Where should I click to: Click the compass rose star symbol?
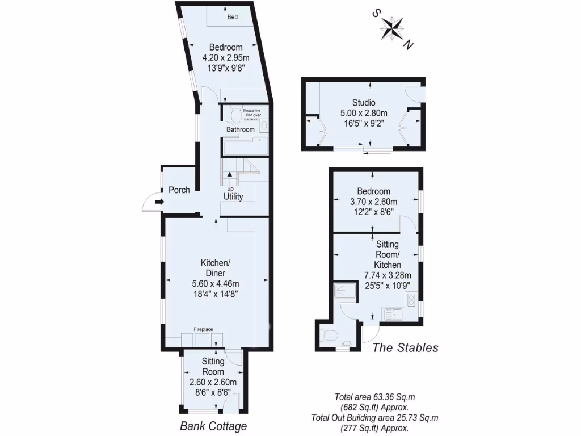(391, 27)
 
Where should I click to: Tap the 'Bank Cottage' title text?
(213, 426)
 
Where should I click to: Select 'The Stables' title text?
(405, 348)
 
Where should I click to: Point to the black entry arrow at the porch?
(159, 201)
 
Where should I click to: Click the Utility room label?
(233, 197)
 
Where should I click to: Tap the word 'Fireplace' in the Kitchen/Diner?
(204, 329)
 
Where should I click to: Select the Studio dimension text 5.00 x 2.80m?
(364, 113)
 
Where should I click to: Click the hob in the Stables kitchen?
(411, 299)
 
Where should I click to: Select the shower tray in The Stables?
(344, 292)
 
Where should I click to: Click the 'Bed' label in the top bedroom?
(233, 17)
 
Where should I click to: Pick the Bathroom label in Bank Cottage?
(241, 129)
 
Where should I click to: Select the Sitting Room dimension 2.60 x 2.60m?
(213, 382)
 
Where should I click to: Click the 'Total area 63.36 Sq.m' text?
(375, 397)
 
